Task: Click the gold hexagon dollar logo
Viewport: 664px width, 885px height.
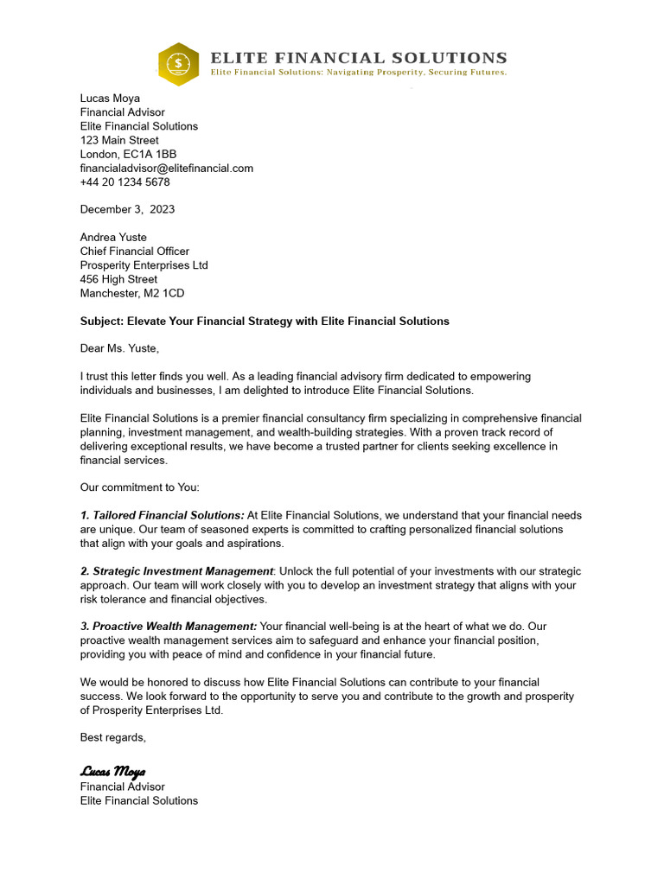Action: pos(178,63)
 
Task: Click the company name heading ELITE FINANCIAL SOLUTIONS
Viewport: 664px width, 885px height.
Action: pos(359,58)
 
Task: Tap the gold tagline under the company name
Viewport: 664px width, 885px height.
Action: pos(359,73)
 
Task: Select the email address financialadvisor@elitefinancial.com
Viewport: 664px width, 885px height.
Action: pos(166,168)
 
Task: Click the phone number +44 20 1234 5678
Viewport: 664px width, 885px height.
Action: pos(124,181)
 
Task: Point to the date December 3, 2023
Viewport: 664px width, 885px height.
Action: pos(127,209)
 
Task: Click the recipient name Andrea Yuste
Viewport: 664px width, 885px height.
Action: pos(113,237)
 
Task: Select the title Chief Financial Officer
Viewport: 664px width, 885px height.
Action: pos(134,251)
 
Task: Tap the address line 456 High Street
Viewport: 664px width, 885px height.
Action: pos(118,279)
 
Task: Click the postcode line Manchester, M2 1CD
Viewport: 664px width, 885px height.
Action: pos(131,293)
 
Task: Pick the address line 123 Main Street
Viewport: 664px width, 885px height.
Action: pos(119,140)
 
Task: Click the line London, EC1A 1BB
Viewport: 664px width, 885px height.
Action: pos(128,154)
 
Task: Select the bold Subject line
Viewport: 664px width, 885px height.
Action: pos(265,321)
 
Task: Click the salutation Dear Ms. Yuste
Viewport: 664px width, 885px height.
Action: pos(120,348)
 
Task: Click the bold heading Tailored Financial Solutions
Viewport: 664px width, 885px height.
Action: pos(163,515)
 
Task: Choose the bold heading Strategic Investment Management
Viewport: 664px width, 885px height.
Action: pos(177,571)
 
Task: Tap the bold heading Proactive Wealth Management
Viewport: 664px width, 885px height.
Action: pos(169,627)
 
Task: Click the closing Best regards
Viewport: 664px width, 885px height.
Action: pos(113,737)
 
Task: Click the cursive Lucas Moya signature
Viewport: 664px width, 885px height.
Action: pos(113,771)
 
